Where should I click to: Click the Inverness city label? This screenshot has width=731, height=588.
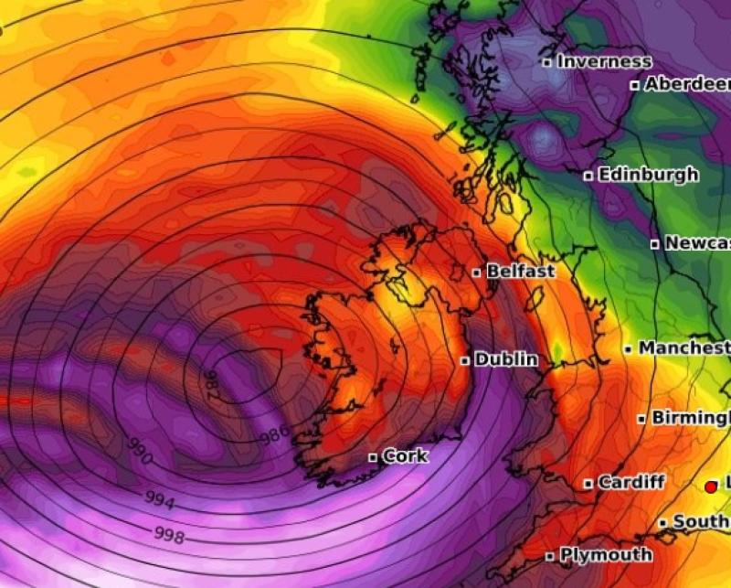pos(604,62)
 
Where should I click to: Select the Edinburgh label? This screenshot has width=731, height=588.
pos(648,174)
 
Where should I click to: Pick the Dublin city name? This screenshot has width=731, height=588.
pos(506,360)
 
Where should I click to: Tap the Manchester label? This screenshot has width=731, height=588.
pos(683,348)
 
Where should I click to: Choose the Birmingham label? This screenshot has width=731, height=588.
pos(690,418)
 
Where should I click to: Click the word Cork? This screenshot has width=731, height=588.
pos(405,455)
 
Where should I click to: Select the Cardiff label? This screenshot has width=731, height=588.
pos(631,482)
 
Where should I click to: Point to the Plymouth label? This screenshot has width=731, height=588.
pos(606,554)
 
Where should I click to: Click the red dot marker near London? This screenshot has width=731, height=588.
pos(711,486)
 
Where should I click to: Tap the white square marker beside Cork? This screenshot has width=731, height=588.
pos(373,457)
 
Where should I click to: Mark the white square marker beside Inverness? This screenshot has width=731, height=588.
pos(546,63)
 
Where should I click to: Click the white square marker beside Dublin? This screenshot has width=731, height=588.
pos(465,361)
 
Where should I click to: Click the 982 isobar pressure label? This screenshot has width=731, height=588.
pos(211,384)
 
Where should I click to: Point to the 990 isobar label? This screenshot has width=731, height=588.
pos(139,450)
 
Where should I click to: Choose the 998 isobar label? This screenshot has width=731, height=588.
pos(168,533)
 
